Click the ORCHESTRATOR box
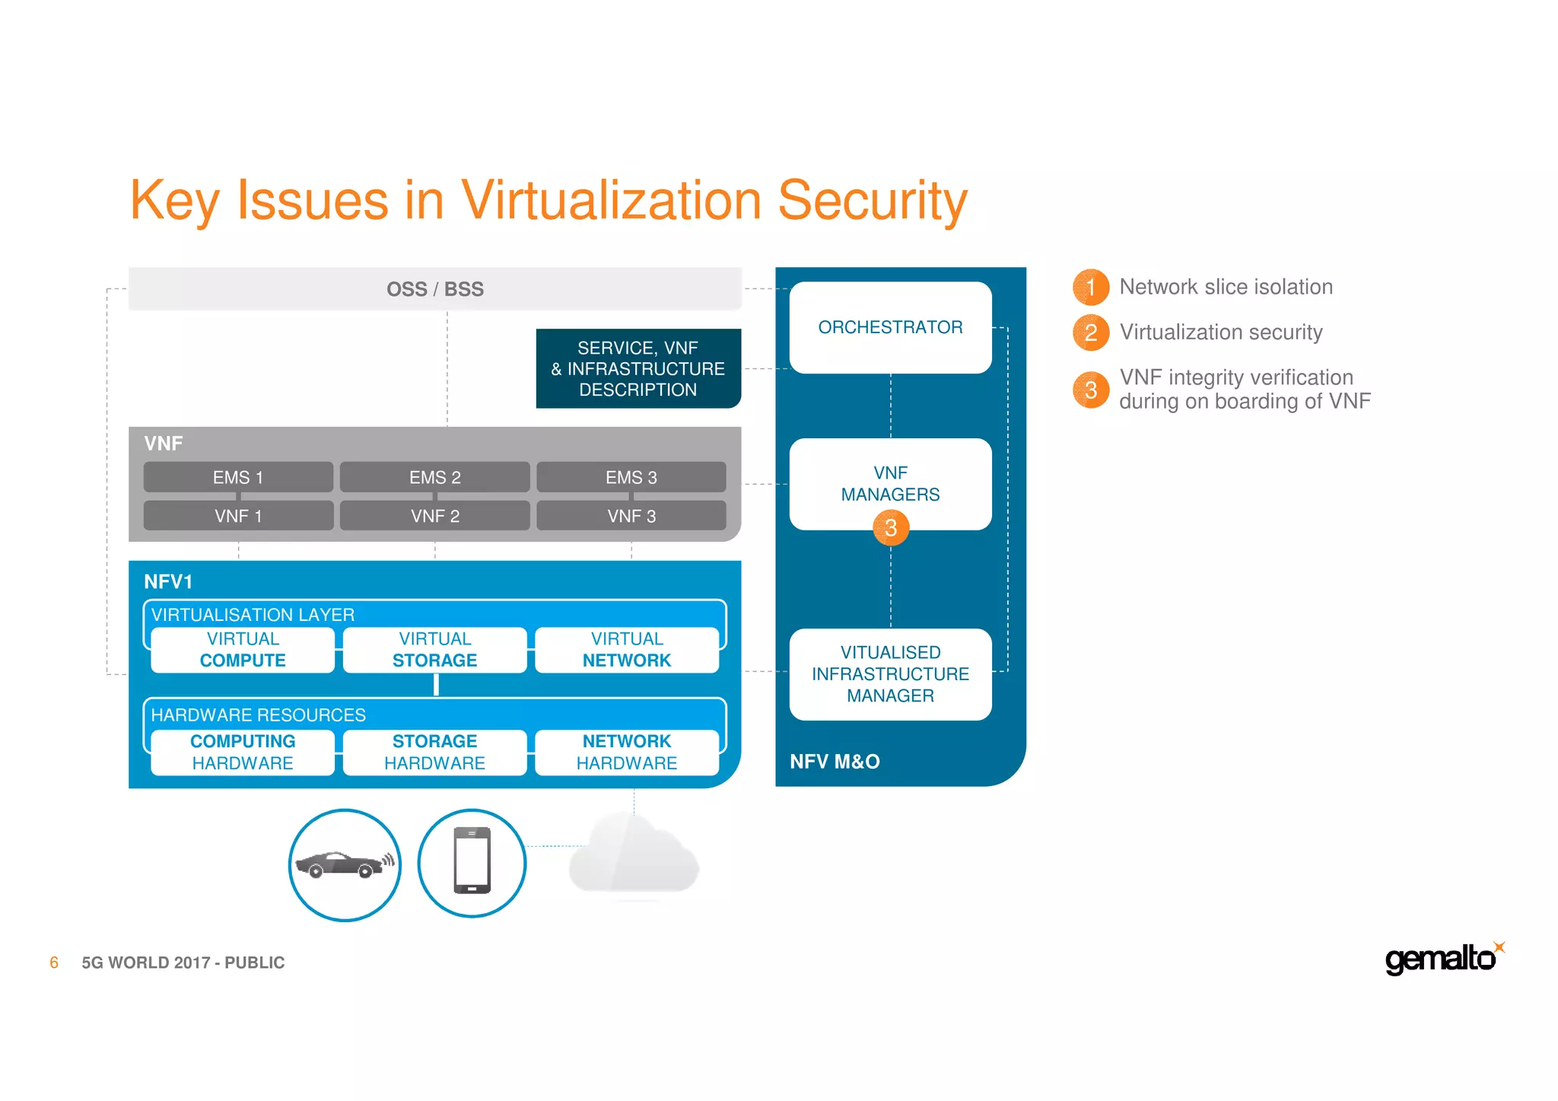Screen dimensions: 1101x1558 click(890, 327)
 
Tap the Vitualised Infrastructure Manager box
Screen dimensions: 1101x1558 click(890, 673)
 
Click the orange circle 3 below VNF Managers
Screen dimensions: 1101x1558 click(891, 527)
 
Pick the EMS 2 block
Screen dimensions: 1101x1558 click(434, 477)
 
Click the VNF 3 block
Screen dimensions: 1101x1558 click(631, 516)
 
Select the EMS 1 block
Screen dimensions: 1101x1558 click(238, 477)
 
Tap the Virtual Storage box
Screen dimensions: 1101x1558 click(434, 650)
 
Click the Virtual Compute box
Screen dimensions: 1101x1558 click(243, 650)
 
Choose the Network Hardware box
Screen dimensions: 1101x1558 click(627, 752)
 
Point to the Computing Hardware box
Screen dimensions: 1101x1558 click(243, 752)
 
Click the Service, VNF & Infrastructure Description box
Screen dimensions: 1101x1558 click(638, 368)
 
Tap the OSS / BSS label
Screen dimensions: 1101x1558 click(434, 289)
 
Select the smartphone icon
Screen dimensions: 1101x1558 click(472, 861)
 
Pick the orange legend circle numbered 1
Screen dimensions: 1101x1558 click(1090, 287)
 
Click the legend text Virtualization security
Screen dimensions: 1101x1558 click(1220, 332)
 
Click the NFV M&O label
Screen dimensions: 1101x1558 click(835, 761)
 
